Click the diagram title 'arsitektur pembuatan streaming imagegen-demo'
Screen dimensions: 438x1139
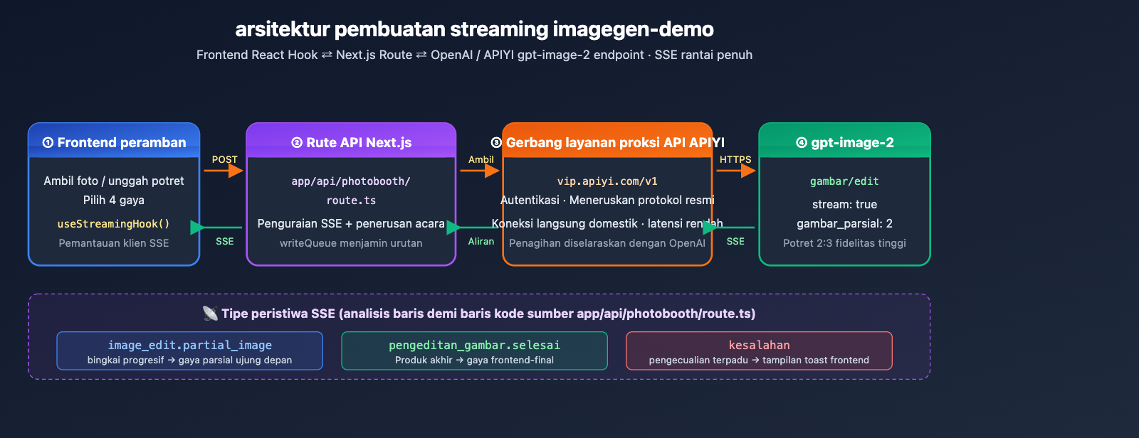pyautogui.click(x=474, y=29)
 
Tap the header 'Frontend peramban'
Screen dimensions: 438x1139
pyautogui.click(x=114, y=142)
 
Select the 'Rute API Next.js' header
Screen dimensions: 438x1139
pyautogui.click(x=351, y=142)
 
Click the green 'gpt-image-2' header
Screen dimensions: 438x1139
pyautogui.click(x=844, y=142)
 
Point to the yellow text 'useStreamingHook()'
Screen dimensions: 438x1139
pyautogui.click(x=114, y=224)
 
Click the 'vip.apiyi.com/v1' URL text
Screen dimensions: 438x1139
pyautogui.click(x=607, y=181)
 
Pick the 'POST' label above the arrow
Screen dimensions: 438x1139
pyautogui.click(x=224, y=159)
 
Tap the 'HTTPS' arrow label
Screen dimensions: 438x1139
pyautogui.click(x=735, y=159)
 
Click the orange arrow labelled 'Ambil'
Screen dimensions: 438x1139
pyautogui.click(x=481, y=171)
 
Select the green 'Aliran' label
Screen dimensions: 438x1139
pyautogui.click(x=481, y=242)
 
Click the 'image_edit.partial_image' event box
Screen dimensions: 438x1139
pyautogui.click(x=189, y=351)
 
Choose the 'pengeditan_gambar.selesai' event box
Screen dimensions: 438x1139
pyautogui.click(x=474, y=351)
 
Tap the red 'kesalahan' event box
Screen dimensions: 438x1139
pyautogui.click(x=759, y=351)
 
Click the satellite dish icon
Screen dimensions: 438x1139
pyautogui.click(x=210, y=313)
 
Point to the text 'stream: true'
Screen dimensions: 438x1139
pyautogui.click(x=844, y=205)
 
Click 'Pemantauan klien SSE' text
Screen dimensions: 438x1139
pyautogui.click(x=114, y=243)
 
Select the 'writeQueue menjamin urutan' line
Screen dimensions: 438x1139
pyautogui.click(x=351, y=243)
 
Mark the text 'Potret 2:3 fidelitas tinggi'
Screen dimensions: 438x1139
pyautogui.click(x=844, y=243)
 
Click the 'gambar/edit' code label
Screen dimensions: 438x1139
pyautogui.click(x=844, y=181)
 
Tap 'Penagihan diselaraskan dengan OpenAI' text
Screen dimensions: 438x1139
pyautogui.click(x=607, y=243)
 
